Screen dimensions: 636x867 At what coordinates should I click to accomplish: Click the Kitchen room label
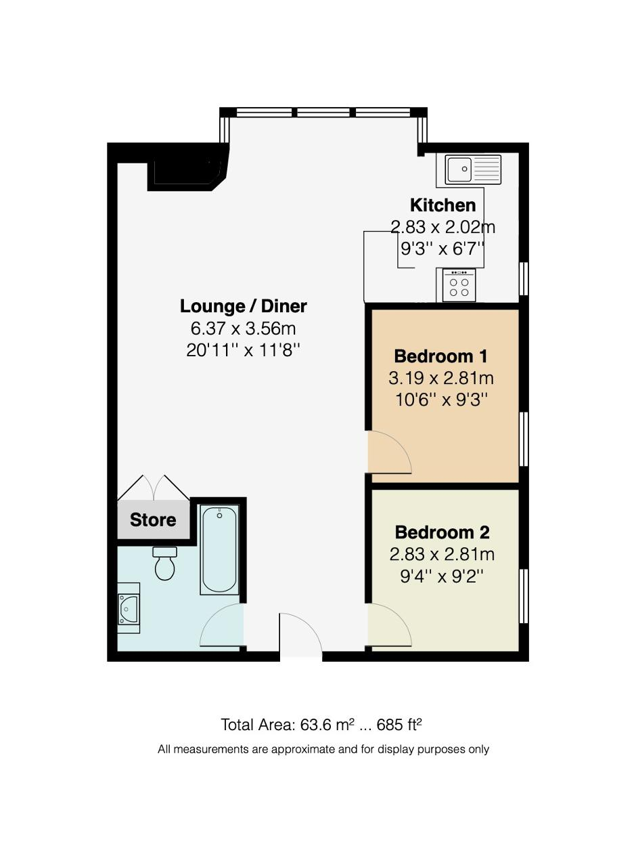click(442, 205)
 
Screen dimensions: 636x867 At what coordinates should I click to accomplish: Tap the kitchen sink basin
click(459, 169)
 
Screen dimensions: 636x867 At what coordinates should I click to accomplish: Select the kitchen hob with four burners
click(459, 285)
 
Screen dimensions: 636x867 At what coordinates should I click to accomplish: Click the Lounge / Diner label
click(243, 306)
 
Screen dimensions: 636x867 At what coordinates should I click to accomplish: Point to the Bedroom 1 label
click(440, 356)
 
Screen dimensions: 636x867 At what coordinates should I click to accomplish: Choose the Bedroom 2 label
click(442, 532)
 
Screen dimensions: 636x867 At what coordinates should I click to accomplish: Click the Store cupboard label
click(153, 520)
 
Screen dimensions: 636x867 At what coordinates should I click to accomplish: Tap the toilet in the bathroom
click(164, 563)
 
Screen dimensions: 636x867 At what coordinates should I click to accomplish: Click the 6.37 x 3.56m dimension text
click(243, 329)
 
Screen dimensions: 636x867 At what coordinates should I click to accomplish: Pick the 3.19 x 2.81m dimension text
click(441, 378)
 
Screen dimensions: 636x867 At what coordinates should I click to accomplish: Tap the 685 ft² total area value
click(399, 725)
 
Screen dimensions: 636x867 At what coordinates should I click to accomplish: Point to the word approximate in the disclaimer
click(303, 750)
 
